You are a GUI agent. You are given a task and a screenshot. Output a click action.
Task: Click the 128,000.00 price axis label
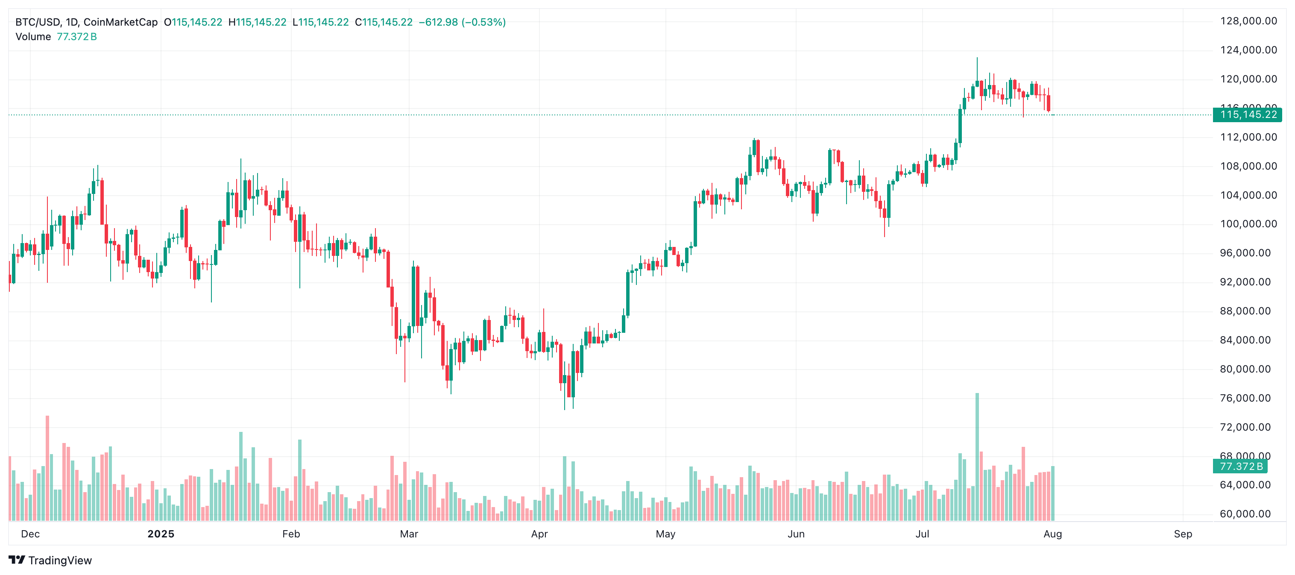click(x=1248, y=21)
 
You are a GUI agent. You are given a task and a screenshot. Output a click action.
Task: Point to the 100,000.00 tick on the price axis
click(x=1248, y=224)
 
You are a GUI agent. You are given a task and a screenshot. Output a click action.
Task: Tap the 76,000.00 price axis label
click(x=1248, y=398)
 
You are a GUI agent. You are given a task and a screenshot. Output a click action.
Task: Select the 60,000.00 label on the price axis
click(x=1248, y=513)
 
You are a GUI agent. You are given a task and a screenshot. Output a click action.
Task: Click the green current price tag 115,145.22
click(x=1248, y=114)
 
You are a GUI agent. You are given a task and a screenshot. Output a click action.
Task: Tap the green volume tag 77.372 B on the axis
click(x=1241, y=466)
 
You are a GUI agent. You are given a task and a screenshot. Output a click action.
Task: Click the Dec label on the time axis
click(x=30, y=534)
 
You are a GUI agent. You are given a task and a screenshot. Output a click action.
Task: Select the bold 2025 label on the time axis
click(x=161, y=534)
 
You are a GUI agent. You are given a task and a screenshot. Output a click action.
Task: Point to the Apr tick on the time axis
click(x=539, y=534)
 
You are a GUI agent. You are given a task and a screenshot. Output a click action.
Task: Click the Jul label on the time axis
click(x=922, y=534)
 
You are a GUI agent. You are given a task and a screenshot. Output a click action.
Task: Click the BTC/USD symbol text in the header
click(x=38, y=22)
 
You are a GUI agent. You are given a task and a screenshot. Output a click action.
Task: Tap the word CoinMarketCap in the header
click(x=120, y=22)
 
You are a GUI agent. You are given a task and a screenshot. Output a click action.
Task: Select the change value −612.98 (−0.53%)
click(x=462, y=22)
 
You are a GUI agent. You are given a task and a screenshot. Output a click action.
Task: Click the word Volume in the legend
click(x=33, y=37)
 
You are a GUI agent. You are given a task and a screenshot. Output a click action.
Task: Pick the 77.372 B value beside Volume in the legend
click(x=76, y=37)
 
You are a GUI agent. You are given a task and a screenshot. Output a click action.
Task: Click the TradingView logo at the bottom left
click(x=50, y=560)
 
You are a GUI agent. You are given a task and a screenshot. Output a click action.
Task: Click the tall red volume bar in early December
click(x=47, y=467)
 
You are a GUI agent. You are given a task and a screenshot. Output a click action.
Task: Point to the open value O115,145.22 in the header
click(x=193, y=22)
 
